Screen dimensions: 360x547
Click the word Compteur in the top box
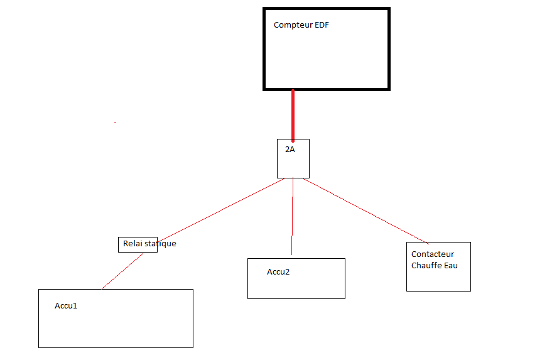click(x=293, y=25)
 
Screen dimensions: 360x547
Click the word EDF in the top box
click(x=322, y=25)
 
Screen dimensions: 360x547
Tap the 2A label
click(x=290, y=150)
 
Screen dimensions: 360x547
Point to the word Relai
click(x=133, y=244)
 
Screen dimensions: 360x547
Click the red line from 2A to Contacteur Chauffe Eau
click(x=364, y=211)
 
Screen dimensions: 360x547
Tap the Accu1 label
click(x=65, y=306)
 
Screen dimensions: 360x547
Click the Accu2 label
click(x=278, y=272)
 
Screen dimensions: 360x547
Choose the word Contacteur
click(x=432, y=254)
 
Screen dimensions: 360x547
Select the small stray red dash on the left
click(x=116, y=122)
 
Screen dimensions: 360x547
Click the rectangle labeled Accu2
click(x=296, y=286)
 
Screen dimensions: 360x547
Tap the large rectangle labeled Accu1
click(x=116, y=327)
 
